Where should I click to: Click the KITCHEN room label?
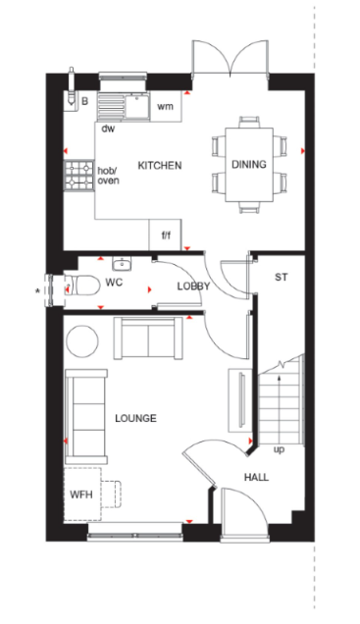pos(160,166)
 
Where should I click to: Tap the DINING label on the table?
pos(249,165)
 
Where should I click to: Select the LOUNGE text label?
pos(135,418)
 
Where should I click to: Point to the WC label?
pos(114,283)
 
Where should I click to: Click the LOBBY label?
pos(193,286)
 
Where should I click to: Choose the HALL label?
pos(256,477)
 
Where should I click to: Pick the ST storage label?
pos(281,277)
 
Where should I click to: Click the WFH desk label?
pos(81,494)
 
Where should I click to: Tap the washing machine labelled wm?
pos(166,106)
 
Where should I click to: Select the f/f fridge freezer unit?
pos(166,234)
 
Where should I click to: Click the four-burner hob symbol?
pos(78,175)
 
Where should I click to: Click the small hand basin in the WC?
pos(122,264)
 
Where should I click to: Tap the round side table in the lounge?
pos(82,341)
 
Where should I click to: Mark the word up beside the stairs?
pos(280,450)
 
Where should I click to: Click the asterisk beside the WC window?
pos(38,291)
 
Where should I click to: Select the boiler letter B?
pos(84,101)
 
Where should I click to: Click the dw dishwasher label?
pos(108,129)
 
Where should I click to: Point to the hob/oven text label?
pos(108,176)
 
